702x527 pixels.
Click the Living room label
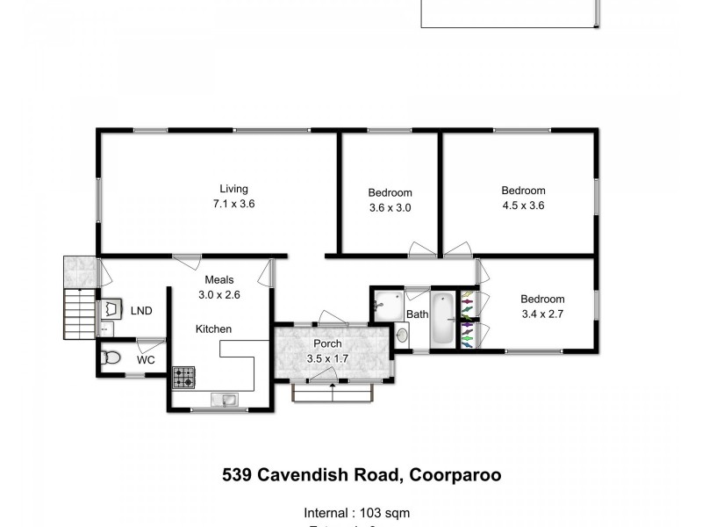(233, 189)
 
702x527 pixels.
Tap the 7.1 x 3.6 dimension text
(233, 204)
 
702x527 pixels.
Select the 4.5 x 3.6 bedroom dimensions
(523, 206)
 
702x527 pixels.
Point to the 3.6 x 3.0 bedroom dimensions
(390, 208)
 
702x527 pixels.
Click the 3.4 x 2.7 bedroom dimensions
(542, 313)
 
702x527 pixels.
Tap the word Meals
(219, 280)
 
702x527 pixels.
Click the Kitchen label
(213, 329)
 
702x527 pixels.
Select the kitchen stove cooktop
(183, 378)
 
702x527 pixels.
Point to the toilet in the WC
(111, 357)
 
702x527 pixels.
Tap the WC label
(146, 360)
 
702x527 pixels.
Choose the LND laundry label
(140, 311)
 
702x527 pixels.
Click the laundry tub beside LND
(111, 308)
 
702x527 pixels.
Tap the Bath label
(417, 314)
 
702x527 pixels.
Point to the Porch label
(328, 343)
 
